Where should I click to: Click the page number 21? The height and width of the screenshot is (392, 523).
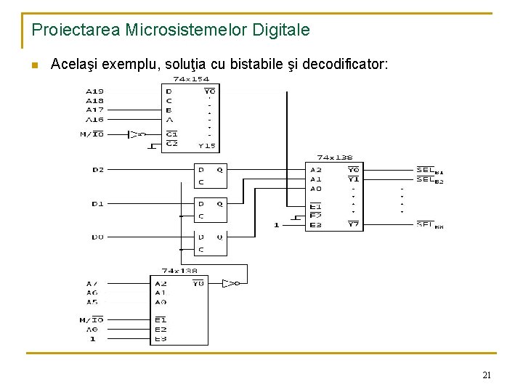tap(487, 375)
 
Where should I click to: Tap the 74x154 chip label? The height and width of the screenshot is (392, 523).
tap(190, 78)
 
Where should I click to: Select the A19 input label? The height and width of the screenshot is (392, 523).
tap(94, 91)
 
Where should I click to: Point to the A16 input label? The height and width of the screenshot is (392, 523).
tap(94, 120)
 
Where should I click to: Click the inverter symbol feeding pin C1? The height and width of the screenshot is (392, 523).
tap(134, 134)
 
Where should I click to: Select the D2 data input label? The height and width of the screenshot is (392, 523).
tap(98, 170)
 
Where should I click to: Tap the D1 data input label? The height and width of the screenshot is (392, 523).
tap(98, 204)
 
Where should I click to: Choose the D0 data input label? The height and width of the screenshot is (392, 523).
tap(98, 237)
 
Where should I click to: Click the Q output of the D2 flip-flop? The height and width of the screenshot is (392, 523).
tap(219, 170)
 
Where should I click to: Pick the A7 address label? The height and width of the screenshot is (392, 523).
tap(92, 283)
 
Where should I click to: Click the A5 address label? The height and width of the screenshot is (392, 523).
tap(92, 301)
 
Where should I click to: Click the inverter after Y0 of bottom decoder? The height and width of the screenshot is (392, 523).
tap(230, 283)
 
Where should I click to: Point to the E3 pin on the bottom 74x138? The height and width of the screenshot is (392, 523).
tap(161, 339)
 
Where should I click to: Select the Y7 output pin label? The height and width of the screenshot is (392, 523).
tap(354, 224)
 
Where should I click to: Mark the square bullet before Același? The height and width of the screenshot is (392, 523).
tap(34, 65)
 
